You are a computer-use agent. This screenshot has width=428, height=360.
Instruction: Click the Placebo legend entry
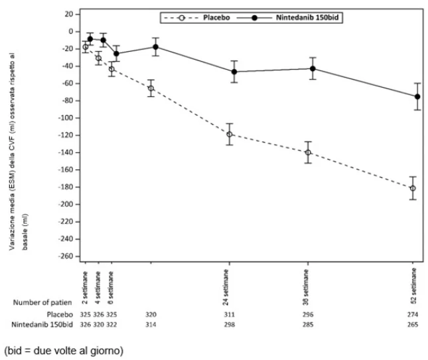pos(197,18)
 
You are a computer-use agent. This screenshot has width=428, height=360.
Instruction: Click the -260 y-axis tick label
pos(66,256)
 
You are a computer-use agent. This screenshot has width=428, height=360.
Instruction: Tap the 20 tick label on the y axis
pos(69,14)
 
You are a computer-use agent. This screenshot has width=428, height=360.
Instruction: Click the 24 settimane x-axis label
pos(226,287)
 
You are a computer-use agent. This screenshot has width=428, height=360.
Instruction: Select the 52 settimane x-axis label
pos(414,286)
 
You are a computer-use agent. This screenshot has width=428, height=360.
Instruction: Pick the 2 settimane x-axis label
pos(85,288)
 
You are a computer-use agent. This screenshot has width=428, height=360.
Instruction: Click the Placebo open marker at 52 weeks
pos(413,188)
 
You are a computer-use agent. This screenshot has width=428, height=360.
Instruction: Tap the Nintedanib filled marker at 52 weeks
pos(417,97)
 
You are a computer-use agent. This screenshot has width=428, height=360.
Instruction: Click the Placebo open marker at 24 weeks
pos(230,134)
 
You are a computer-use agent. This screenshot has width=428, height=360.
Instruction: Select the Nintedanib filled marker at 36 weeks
pos(313,68)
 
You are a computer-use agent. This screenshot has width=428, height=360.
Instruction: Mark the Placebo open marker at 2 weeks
pos(86,47)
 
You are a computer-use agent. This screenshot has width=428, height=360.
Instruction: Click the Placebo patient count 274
pos(413,315)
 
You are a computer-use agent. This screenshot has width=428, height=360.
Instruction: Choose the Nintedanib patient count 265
pos(413,325)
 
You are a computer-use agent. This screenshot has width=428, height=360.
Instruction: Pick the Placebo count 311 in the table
pos(230,315)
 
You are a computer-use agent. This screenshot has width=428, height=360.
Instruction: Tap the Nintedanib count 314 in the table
pos(151,325)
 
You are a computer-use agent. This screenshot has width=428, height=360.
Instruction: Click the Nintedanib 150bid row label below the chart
pos(42,325)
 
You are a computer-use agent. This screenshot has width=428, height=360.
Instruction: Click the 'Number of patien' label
pos(42,303)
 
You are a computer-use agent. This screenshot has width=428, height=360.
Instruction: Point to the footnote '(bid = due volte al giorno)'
pos(64,351)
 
